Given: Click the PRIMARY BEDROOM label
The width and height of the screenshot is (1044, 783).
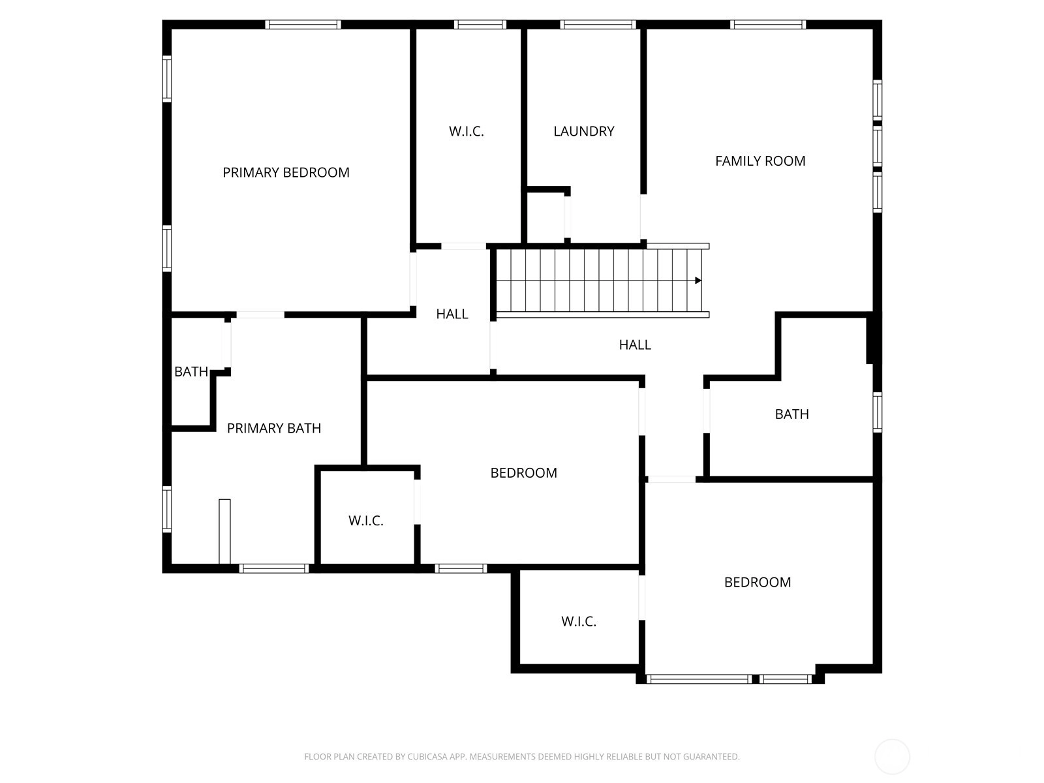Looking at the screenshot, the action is [286, 172].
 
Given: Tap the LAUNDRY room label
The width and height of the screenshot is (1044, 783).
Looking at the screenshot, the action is [583, 131].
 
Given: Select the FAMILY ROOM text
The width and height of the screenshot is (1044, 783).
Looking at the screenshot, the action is [760, 161].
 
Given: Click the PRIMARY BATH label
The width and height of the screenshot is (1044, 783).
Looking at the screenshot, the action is [274, 428].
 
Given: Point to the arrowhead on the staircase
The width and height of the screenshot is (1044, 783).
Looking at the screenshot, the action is [698, 281].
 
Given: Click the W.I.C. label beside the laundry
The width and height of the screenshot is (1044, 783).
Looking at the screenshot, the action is [466, 131].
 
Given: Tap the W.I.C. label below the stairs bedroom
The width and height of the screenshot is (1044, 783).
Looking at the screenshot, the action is [578, 621].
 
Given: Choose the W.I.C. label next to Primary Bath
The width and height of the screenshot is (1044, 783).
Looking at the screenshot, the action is [366, 521].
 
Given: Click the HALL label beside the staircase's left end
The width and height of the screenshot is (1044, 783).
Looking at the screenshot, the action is [452, 314].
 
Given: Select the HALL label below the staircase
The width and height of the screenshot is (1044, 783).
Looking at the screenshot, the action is [635, 345].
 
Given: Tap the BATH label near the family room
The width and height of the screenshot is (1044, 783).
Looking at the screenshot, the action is [792, 414].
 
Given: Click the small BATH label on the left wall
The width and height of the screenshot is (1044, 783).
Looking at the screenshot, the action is [191, 372].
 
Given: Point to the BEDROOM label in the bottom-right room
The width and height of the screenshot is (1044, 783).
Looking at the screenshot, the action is [758, 583].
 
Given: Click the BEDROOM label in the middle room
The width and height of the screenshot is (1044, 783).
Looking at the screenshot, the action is [524, 473].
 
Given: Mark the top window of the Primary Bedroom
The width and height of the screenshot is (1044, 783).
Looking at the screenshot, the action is [303, 25].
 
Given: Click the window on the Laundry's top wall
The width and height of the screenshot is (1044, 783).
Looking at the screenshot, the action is [598, 25].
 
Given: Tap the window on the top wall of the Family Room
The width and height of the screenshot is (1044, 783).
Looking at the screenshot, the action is [768, 25].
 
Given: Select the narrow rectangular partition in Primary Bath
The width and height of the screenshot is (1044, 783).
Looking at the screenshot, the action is [224, 532].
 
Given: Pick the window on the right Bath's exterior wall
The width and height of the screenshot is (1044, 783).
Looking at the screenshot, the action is [878, 412].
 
